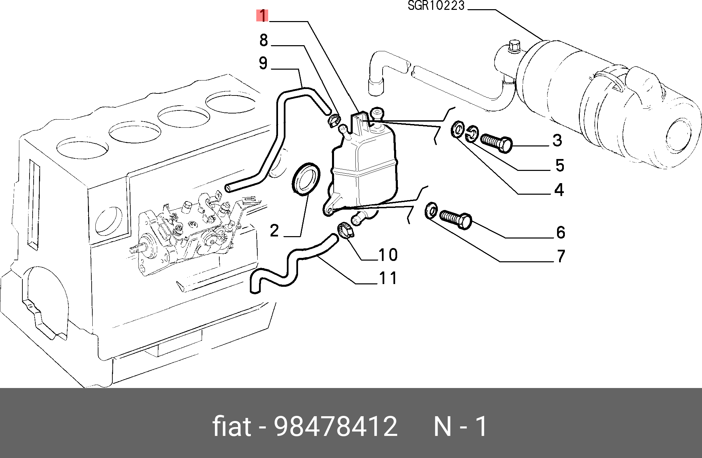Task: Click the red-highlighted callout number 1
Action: pyautogui.click(x=262, y=16)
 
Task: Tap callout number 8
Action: pyautogui.click(x=264, y=40)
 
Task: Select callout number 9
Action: pyautogui.click(x=263, y=64)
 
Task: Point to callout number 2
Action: pyautogui.click(x=274, y=231)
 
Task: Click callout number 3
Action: pyautogui.click(x=557, y=140)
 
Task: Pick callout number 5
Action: pyautogui.click(x=560, y=165)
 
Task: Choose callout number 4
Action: pyautogui.click(x=559, y=190)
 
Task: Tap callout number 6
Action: pyautogui.click(x=561, y=232)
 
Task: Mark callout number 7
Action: pyautogui.click(x=561, y=257)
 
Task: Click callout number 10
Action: pyautogui.click(x=388, y=255)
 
